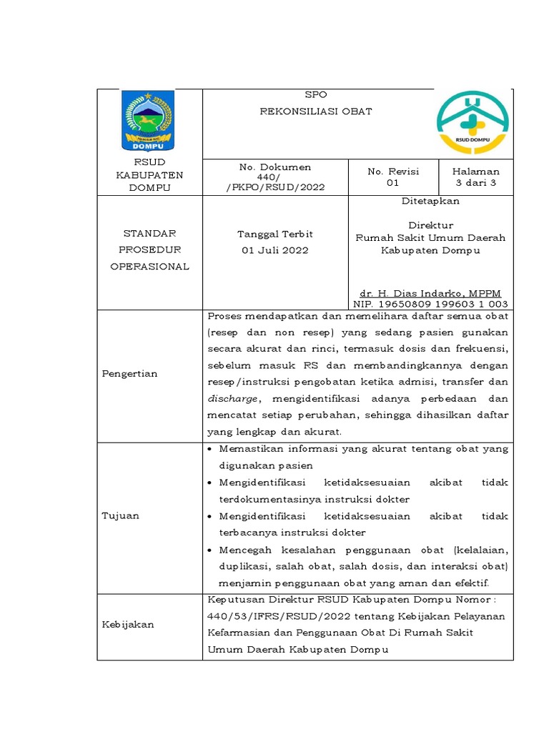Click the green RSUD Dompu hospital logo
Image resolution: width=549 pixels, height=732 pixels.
pyautogui.click(x=473, y=122)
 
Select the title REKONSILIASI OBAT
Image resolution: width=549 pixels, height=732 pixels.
pyautogui.click(x=315, y=112)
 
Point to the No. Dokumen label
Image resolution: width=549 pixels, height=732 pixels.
pyautogui.click(x=275, y=167)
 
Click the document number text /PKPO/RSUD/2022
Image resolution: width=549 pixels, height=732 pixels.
pyautogui.click(x=275, y=187)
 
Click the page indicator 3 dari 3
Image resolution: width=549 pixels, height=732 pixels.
pyautogui.click(x=475, y=183)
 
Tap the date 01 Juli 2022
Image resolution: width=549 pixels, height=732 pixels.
pyautogui.click(x=275, y=251)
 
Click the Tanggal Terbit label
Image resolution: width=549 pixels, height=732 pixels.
pyautogui.click(x=275, y=234)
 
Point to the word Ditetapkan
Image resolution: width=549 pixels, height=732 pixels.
pyautogui.click(x=430, y=202)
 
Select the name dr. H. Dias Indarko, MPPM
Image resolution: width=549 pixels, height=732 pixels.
pyautogui.click(x=430, y=294)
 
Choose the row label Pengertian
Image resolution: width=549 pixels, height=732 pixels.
pyautogui.click(x=129, y=374)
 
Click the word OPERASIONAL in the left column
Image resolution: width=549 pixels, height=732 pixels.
pyautogui.click(x=149, y=267)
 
